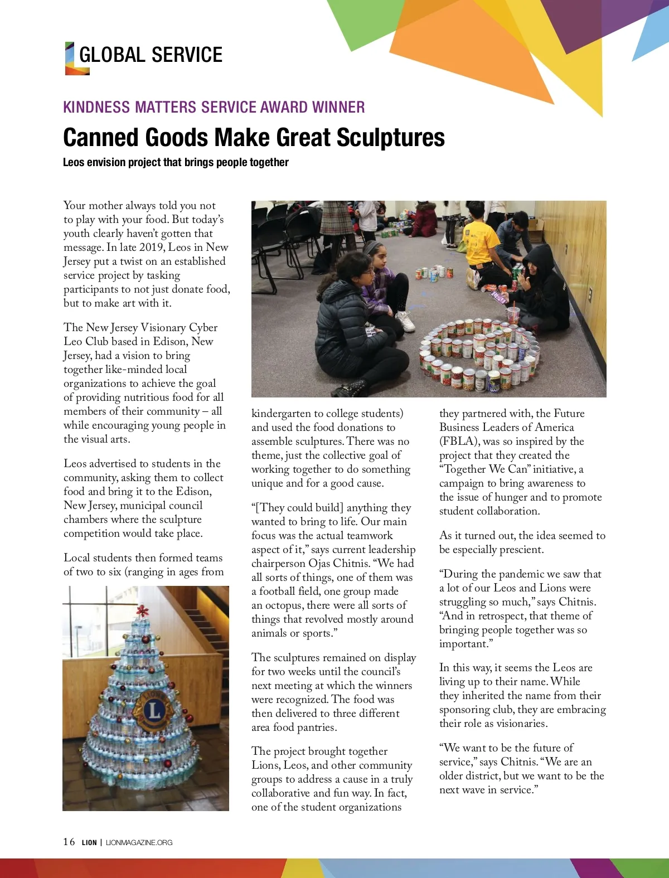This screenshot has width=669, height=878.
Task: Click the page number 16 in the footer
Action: click(x=69, y=842)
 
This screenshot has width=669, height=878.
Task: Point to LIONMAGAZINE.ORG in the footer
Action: click(x=139, y=842)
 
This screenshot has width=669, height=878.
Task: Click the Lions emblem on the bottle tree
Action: click(x=153, y=710)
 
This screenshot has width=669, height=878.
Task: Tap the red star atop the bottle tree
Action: click(x=143, y=610)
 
